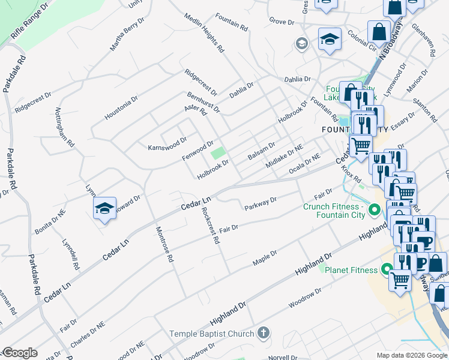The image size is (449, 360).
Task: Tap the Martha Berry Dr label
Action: point(127,34)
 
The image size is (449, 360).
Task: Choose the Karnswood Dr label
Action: point(163,145)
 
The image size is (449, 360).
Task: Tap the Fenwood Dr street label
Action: point(197,151)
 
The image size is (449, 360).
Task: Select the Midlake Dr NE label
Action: point(285,155)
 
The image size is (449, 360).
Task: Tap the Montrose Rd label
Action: point(164,244)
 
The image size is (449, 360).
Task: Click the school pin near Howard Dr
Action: point(104,209)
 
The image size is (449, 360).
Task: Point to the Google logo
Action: point(19,353)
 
